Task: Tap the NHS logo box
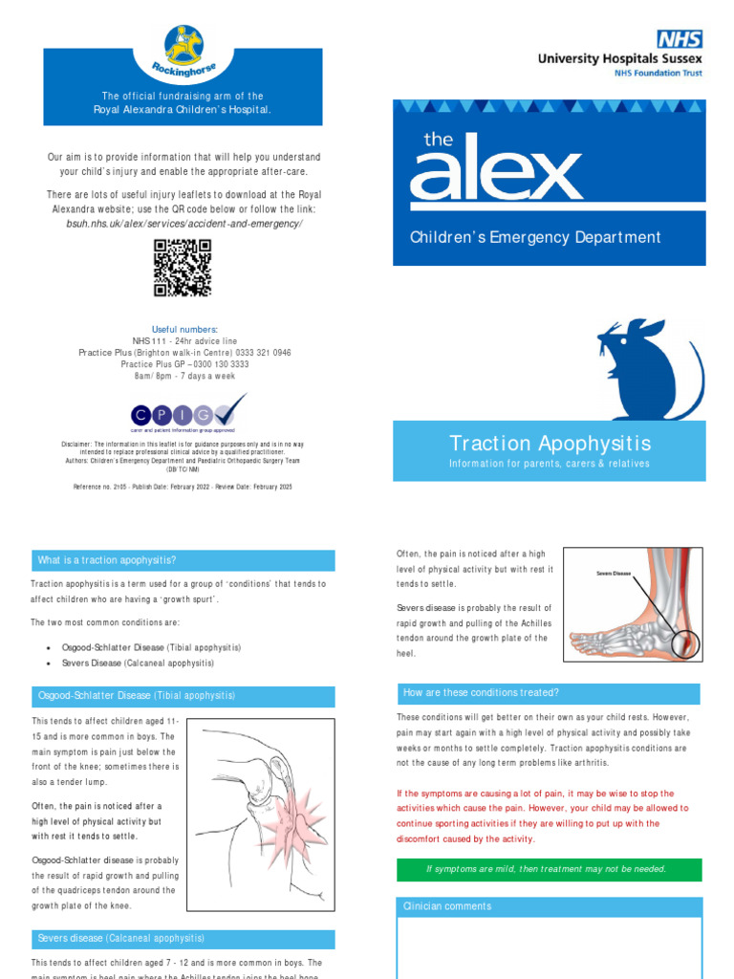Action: tap(680, 39)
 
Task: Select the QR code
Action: tap(182, 268)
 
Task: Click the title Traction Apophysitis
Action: tap(550, 444)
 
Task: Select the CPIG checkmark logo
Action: tap(187, 413)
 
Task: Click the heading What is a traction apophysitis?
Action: tap(107, 560)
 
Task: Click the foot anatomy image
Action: tap(632, 605)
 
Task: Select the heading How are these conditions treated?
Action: tap(482, 693)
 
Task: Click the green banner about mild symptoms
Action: tap(548, 869)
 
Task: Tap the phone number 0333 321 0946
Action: tap(257, 353)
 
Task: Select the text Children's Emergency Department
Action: tap(535, 237)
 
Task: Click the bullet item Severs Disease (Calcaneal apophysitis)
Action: tap(138, 663)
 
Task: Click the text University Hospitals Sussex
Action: tap(619, 58)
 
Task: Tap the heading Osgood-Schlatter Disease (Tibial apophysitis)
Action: tap(137, 695)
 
